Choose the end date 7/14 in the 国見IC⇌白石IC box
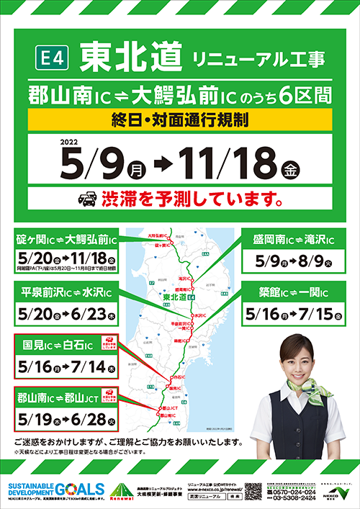[93, 367]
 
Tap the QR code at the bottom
[254, 489]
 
